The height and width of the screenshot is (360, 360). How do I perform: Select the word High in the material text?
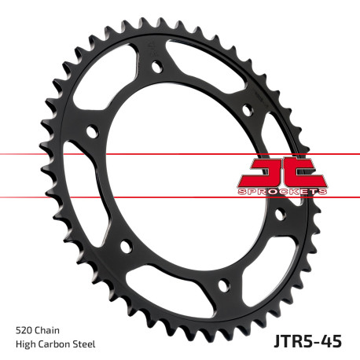pyautogui.click(x=25, y=343)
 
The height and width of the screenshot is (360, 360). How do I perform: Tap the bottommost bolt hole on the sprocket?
pyautogui.click(x=222, y=284)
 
